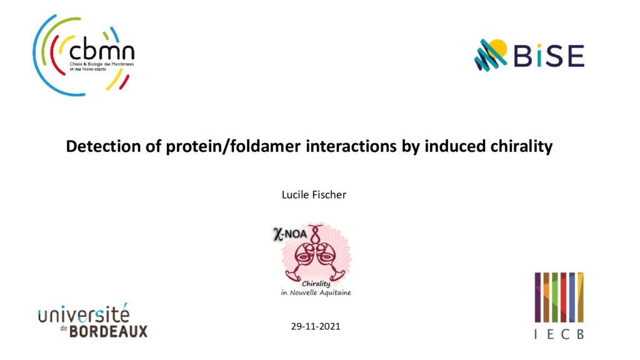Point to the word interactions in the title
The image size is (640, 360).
tap(351, 146)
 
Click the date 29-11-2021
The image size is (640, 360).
tap(316, 326)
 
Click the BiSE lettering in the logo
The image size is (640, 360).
tap(549, 56)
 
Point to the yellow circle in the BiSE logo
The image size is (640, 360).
tap(497, 48)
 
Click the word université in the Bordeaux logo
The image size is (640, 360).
tap(84, 315)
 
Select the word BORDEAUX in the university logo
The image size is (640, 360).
tap(108, 331)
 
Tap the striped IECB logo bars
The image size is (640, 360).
tap(559, 297)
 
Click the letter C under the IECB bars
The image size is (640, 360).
tap(565, 334)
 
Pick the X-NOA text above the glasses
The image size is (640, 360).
tap(290, 234)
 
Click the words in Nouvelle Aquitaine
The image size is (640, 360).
tap(316, 292)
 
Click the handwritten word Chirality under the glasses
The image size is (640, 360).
tap(316, 284)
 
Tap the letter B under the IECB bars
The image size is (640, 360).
tap(580, 334)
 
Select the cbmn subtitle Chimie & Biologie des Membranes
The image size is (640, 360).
tap(102, 64)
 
